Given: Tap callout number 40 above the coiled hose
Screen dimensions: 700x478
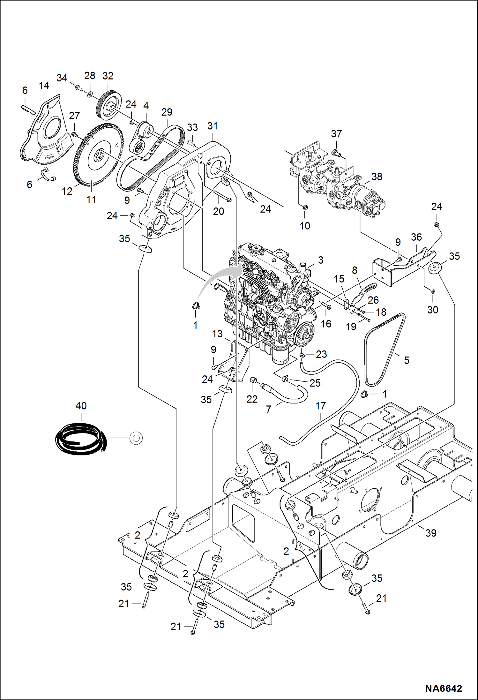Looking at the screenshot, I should point(81,406).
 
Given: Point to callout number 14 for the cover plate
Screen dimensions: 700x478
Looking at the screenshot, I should point(44,86).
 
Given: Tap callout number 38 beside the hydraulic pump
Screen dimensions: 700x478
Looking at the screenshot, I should point(377,177).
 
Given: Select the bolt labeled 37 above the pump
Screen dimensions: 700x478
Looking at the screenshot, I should point(335,153).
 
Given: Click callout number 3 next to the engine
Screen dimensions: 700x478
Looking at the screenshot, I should point(320,260).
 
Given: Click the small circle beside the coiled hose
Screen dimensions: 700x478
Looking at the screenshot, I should point(136,438).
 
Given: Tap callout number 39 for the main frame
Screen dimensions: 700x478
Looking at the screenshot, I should point(430,533).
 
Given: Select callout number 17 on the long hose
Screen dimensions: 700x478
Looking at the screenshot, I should point(320,406).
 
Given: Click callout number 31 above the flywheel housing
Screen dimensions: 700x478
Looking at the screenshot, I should point(212,126).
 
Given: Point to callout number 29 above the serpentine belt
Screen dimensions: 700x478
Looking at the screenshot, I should point(167,112).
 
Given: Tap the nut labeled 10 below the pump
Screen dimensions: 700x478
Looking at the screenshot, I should point(305,207).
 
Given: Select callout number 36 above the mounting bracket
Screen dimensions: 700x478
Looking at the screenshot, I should point(416,237).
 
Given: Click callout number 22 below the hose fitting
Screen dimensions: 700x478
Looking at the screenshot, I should point(252,399).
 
